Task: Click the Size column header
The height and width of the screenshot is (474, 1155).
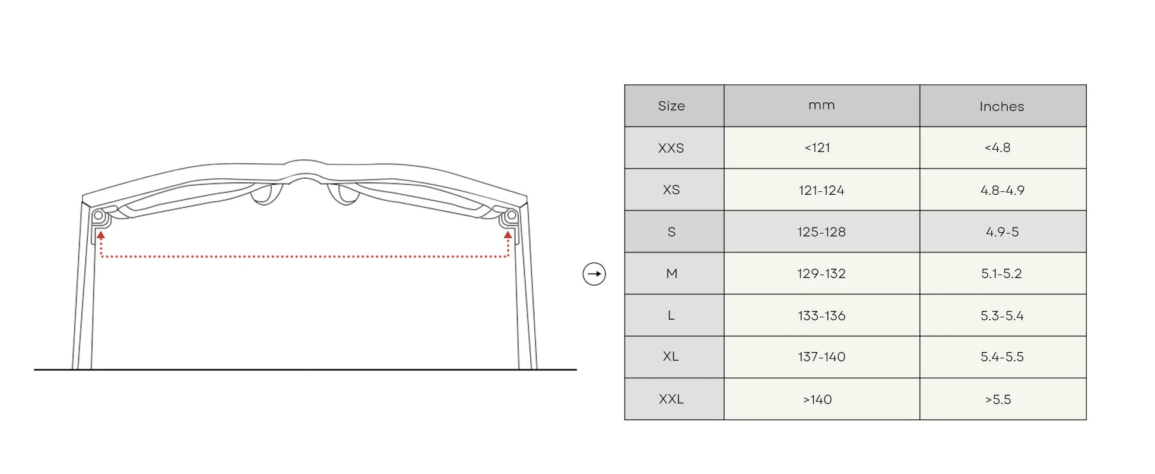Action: coord(671,106)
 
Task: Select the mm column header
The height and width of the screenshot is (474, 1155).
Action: coord(821,105)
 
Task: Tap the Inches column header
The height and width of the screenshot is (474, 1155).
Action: coord(1002,106)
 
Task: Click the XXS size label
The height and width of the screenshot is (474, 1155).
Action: coord(671,148)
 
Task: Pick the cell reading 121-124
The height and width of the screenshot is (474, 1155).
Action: coord(821,190)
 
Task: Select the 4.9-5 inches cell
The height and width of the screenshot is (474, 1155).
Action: coord(1002,232)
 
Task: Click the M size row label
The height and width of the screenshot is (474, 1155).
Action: coord(672,273)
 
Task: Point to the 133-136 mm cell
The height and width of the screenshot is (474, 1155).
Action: coord(821,315)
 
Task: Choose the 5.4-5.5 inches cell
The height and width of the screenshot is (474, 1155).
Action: coord(1002,357)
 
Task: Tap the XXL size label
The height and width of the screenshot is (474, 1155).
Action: coord(671,399)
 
